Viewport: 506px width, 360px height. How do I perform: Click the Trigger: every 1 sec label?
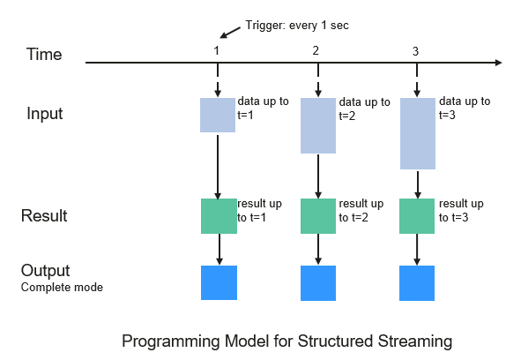click(297, 26)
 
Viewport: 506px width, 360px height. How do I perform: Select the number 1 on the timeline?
click(217, 50)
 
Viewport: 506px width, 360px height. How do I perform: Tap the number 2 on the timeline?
click(316, 50)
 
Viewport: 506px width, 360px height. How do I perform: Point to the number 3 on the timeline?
click(415, 51)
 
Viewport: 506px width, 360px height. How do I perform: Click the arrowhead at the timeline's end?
click(499, 63)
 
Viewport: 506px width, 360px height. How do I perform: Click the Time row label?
click(44, 54)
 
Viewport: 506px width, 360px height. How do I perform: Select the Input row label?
click(45, 114)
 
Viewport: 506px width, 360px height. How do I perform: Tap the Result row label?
click(44, 215)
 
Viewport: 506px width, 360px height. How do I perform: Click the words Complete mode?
click(62, 287)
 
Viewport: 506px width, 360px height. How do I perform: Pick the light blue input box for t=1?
click(218, 115)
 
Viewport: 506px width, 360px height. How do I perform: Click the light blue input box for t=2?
click(318, 125)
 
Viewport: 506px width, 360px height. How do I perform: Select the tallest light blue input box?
click(418, 133)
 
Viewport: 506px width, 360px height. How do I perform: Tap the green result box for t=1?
click(219, 216)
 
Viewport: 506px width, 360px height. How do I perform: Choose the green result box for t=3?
click(417, 216)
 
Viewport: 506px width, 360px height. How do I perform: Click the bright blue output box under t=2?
click(318, 283)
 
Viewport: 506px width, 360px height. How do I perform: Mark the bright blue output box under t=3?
click(417, 283)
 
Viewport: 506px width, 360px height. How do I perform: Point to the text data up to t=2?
click(365, 109)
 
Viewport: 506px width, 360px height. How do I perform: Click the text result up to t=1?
click(259, 211)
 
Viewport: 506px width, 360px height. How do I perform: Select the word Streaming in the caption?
click(415, 341)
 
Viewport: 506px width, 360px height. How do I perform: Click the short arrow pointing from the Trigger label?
click(230, 33)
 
